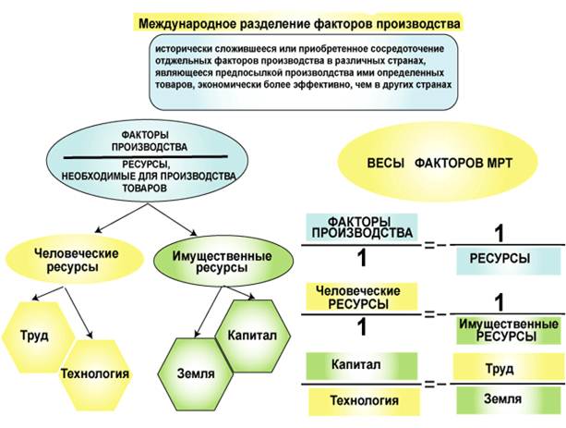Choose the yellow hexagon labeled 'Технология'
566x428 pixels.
coord(93,374)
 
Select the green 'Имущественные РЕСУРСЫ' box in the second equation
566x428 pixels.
coord(508,330)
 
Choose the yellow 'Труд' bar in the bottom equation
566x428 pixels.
coord(500,369)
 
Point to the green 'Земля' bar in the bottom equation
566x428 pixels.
coord(500,398)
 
